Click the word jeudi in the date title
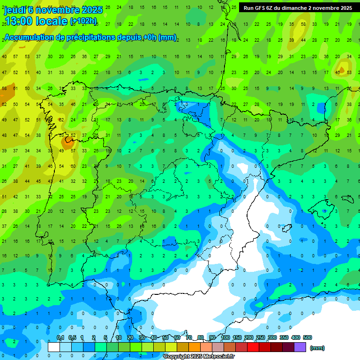point(15,10)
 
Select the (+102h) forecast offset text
point(83,21)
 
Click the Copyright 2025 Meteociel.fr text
point(199,357)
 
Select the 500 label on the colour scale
point(307,338)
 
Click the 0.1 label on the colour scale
point(60,338)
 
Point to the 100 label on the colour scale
point(225,338)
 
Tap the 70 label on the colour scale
point(189,338)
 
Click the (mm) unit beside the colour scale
point(318,348)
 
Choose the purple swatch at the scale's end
point(300,347)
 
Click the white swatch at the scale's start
point(54,347)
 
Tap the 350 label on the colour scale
point(284,338)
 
